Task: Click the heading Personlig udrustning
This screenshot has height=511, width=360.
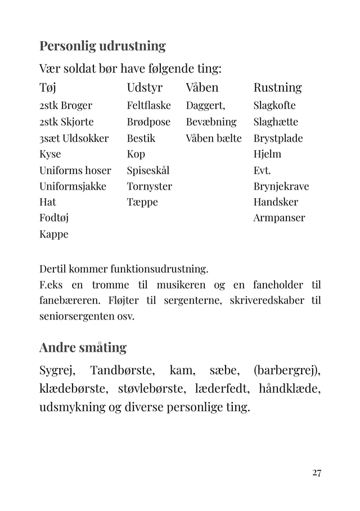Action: pyautogui.click(x=102, y=46)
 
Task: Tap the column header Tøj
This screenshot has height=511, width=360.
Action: pyautogui.click(x=48, y=88)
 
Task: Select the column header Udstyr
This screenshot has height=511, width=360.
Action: pyautogui.click(x=145, y=88)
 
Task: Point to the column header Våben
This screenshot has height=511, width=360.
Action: pyautogui.click(x=202, y=88)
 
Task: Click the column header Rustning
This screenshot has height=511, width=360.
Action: pyautogui.click(x=277, y=88)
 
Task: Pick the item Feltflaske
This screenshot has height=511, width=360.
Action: pyautogui.click(x=148, y=106)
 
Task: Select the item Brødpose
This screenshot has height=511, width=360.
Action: pyautogui.click(x=148, y=122)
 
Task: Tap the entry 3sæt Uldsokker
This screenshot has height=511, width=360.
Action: pyautogui.click(x=74, y=138)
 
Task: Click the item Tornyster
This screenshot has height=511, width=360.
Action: pyautogui.click(x=149, y=186)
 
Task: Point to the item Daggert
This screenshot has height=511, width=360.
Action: pyautogui.click(x=205, y=106)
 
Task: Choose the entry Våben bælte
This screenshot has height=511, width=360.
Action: pyautogui.click(x=214, y=138)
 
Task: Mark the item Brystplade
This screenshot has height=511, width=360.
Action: pyautogui.click(x=278, y=138)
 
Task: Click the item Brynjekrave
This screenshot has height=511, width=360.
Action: pyautogui.click(x=281, y=186)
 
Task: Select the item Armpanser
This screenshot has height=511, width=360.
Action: pyautogui.click(x=279, y=218)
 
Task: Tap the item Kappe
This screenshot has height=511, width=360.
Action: pyautogui.click(x=53, y=234)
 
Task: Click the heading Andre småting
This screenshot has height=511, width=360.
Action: pyautogui.click(x=83, y=347)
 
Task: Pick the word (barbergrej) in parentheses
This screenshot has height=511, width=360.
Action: pyautogui.click(x=287, y=371)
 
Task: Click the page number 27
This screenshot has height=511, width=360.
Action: pyautogui.click(x=317, y=473)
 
